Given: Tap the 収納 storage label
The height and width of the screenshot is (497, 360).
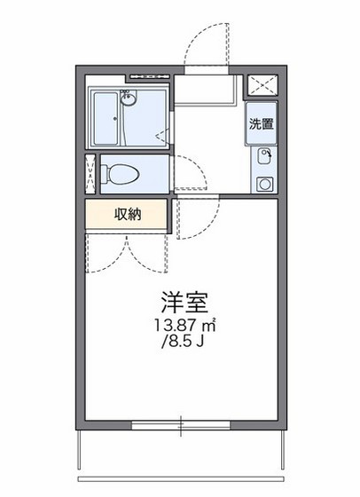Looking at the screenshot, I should [127, 214].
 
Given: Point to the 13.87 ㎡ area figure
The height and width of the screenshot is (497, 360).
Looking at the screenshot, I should [184, 326].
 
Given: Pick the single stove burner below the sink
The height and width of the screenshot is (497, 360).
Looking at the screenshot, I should [263, 185].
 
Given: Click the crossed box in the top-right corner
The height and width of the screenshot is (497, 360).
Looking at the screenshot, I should [262, 85].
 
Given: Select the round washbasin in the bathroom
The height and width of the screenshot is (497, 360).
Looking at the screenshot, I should [129, 98].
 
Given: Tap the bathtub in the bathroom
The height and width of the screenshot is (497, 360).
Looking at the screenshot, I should [107, 121].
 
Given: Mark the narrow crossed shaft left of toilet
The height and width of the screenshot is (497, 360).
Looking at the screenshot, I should [90, 174].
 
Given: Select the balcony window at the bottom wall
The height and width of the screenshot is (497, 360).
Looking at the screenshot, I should [181, 425].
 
